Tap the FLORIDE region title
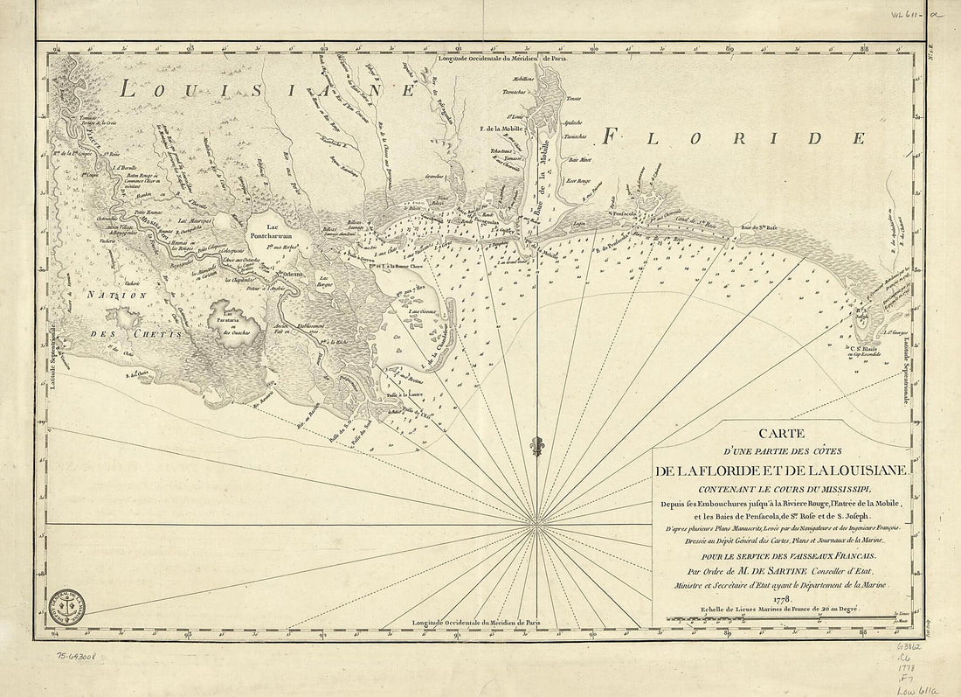click(735, 137)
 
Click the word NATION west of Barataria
click(103, 296)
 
